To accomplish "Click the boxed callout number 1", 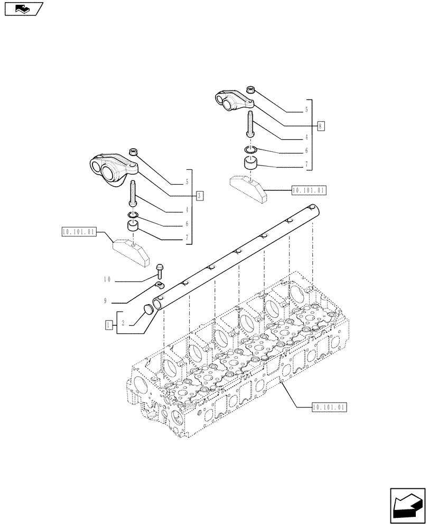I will pyautogui.click(x=109, y=325).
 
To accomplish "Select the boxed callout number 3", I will pyautogui.click(x=199, y=196).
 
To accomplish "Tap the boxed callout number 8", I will pyautogui.click(x=321, y=126).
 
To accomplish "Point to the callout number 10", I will pyautogui.click(x=107, y=279).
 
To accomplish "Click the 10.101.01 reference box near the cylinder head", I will pyautogui.click(x=329, y=407).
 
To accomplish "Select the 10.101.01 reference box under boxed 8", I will pyautogui.click(x=309, y=190).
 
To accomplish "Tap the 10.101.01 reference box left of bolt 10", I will pyautogui.click(x=78, y=232).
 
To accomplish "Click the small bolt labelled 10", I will pyautogui.click(x=160, y=271).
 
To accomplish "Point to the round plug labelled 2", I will pyautogui.click(x=148, y=308).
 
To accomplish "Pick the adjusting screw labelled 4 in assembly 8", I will pyautogui.click(x=250, y=125).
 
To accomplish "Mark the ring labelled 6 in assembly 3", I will pyautogui.click(x=133, y=215).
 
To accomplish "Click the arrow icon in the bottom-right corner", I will pyautogui.click(x=407, y=509).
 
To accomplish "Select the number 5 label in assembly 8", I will pyautogui.click(x=306, y=111).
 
